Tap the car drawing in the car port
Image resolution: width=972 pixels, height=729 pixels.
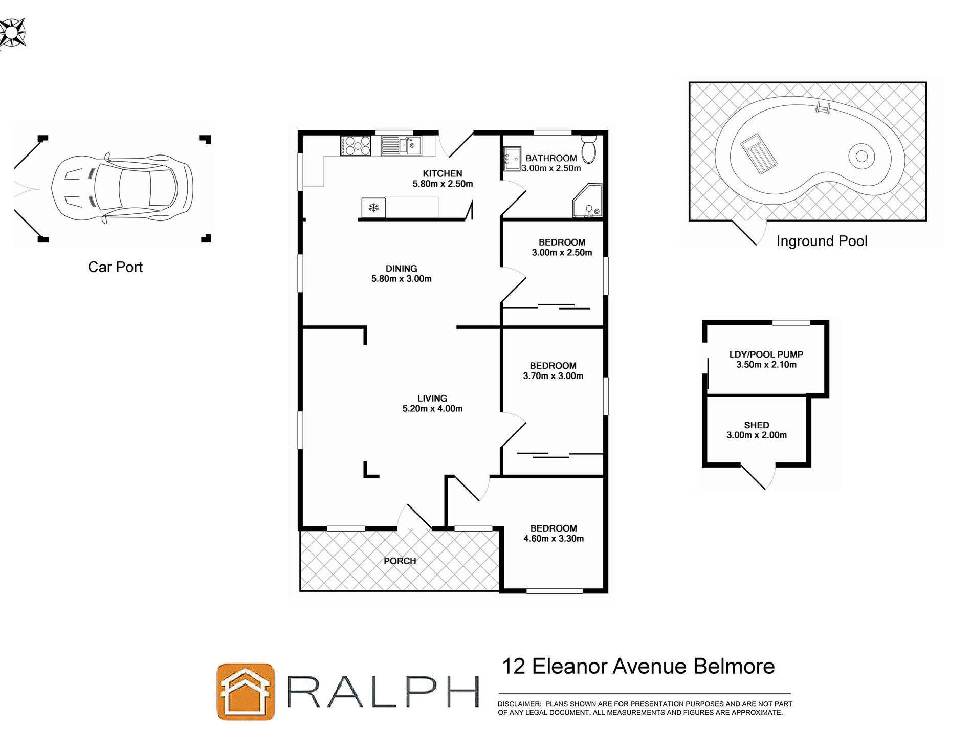click(122, 189)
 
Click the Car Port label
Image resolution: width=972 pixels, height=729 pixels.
click(115, 267)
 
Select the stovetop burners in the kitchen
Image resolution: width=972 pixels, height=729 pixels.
click(356, 145)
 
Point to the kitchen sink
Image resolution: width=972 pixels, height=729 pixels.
click(401, 145)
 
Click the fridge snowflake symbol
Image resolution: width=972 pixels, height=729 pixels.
click(373, 208)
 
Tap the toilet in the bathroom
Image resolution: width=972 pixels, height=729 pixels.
click(589, 147)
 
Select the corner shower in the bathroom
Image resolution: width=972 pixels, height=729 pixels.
click(588, 202)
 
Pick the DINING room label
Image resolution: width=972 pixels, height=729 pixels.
click(401, 269)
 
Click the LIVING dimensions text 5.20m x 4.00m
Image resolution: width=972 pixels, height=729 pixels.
click(432, 409)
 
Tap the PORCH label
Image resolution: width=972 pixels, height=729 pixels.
click(400, 561)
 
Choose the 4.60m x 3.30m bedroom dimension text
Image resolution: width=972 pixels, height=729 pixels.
click(554, 539)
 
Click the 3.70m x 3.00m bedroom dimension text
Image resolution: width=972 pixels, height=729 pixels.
click(553, 376)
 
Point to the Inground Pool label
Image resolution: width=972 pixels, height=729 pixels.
click(822, 241)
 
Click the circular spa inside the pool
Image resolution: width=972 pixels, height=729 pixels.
click(861, 156)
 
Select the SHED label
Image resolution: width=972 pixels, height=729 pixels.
click(757, 425)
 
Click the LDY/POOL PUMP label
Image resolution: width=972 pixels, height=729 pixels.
click(766, 355)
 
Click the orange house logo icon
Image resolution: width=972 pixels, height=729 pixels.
click(246, 692)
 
